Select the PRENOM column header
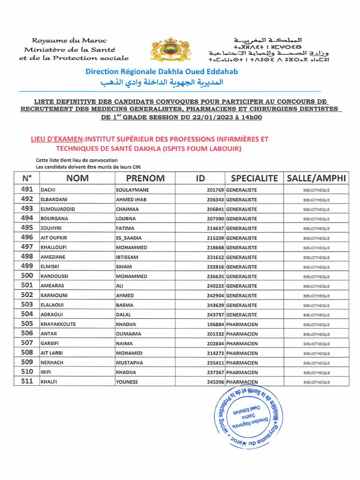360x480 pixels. point(145,178)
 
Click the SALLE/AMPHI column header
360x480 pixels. point(316,178)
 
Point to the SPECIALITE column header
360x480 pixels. point(255,178)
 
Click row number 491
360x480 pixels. point(27,190)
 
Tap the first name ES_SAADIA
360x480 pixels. point(129,238)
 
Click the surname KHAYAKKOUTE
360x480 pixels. point(59,324)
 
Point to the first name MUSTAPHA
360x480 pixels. point(130,363)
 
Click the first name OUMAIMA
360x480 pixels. point(128,334)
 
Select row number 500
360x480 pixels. point(27,276)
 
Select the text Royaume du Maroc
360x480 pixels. point(69,41)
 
